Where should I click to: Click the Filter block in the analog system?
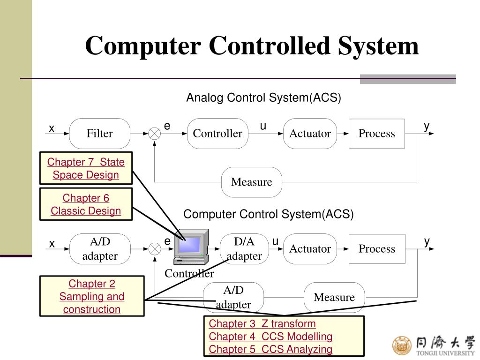pos(100,134)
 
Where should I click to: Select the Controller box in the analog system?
pos(217,134)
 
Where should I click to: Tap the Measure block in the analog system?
pos(251,182)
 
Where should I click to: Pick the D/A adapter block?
pos(244,248)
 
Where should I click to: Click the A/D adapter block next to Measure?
pos(233,297)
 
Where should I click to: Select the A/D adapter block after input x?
pos(100,248)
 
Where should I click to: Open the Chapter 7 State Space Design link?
pos(86,169)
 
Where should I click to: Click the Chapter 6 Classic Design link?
pos(86,204)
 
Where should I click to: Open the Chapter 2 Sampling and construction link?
pos(92,296)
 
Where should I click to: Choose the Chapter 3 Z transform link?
pos(262,323)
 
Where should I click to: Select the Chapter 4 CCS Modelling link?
pos(270,336)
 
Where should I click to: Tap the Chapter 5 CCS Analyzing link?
pos(270,349)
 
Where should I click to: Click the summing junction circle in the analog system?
pos(155,134)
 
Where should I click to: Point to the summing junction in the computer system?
pos(155,249)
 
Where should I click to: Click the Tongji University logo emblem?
pos(401,345)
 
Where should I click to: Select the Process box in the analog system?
pos(376,134)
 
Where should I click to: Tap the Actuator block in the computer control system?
pos(310,248)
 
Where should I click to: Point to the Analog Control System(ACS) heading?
pos(263,98)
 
